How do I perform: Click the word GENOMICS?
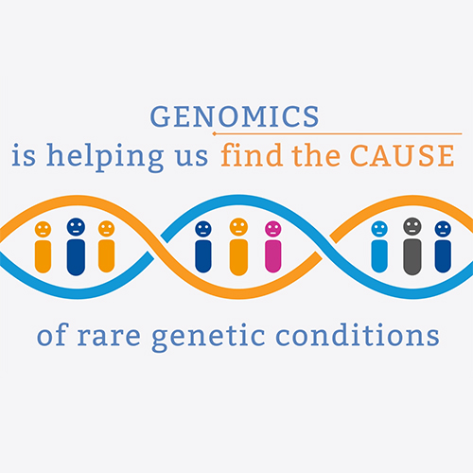pos(235,116)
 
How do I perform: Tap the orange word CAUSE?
pos(402,155)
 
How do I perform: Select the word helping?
pos(105,157)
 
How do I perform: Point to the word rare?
pos(109,336)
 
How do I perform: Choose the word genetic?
pos(208,337)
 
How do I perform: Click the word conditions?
pos(358,334)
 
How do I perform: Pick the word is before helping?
pos(24,155)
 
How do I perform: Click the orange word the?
pos(316,155)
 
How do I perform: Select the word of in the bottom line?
pos(52,334)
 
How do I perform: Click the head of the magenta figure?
pos(273,229)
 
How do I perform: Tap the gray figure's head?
pos(412,226)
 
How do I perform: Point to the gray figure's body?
pos(412,256)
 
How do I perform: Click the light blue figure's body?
pos(379,256)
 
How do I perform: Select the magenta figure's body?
pos(273,256)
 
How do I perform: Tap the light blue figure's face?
pos(379,229)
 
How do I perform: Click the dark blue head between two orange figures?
pos(76,227)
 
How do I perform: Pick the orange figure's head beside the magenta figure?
pos(238,227)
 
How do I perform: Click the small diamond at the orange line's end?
pos(215,133)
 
